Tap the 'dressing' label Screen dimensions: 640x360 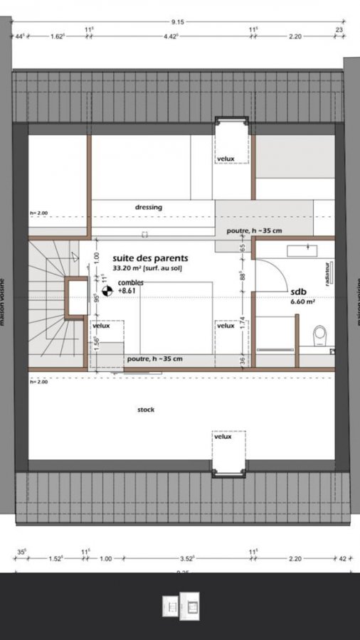point(149,207)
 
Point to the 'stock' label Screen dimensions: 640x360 point(145,410)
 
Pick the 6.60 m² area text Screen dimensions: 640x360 point(302,302)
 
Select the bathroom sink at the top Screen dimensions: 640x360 point(302,250)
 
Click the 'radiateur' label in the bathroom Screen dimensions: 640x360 point(327,272)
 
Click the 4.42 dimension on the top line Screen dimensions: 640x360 point(171,35)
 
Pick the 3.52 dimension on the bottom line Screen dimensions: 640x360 point(186,559)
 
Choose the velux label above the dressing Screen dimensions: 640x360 point(226,159)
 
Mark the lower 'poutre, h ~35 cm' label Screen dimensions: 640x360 point(154,358)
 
